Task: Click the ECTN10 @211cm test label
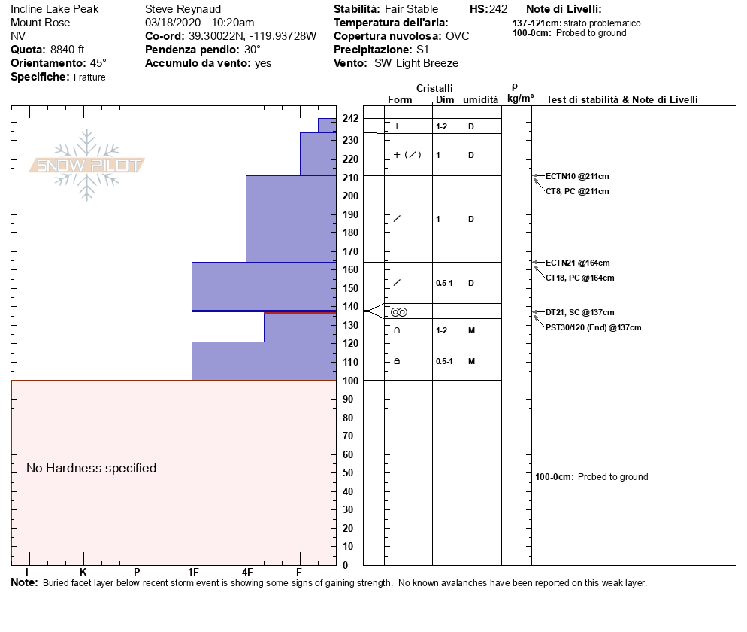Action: (576, 176)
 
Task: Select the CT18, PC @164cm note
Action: (579, 278)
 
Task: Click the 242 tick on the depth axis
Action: (350, 119)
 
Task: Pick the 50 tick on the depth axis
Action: (348, 472)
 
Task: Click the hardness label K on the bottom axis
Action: (83, 573)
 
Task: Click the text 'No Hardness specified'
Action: (92, 468)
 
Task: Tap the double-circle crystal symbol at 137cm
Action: (398, 311)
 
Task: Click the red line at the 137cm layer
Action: (301, 312)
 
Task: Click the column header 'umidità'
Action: (480, 99)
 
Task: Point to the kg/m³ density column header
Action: (520, 98)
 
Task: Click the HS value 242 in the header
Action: (498, 9)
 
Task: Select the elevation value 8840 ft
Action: (68, 50)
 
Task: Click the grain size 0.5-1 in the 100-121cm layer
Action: (444, 361)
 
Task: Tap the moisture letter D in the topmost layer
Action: (471, 126)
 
